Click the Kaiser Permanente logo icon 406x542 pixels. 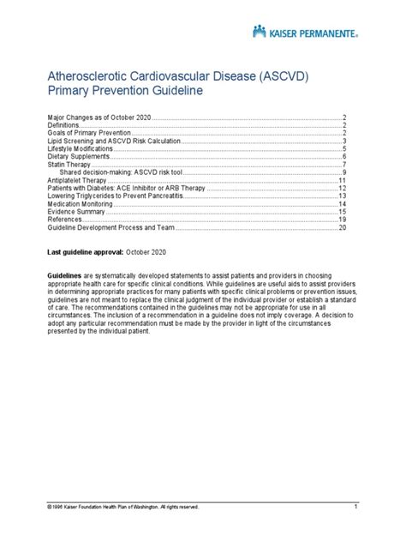(x=260, y=32)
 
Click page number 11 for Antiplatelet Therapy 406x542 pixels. (x=342, y=181)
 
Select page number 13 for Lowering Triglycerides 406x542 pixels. (x=342, y=196)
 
